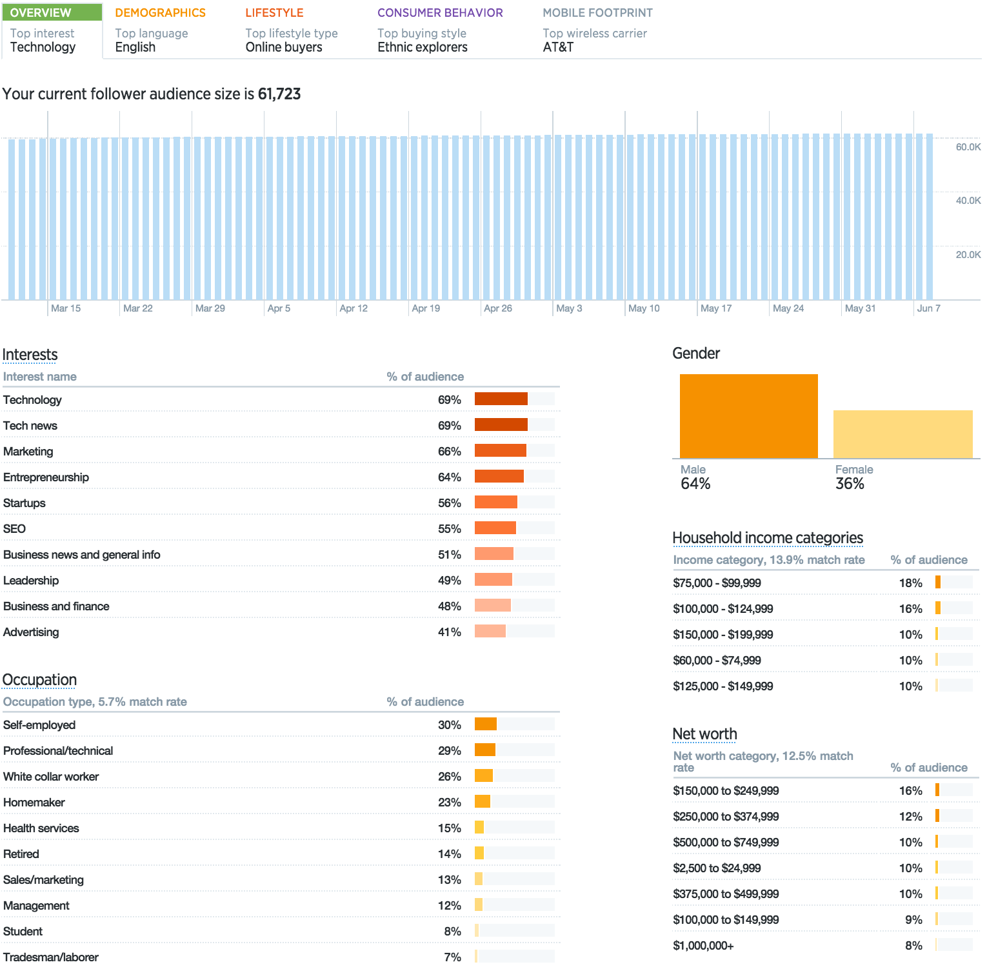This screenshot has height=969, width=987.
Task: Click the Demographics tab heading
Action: pyautogui.click(x=160, y=13)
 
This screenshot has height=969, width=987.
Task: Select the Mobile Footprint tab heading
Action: pyautogui.click(x=597, y=13)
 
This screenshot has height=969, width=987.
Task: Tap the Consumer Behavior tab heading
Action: pyautogui.click(x=440, y=13)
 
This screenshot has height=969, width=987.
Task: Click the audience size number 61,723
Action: pyautogui.click(x=279, y=94)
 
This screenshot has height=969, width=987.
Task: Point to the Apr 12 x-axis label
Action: pyautogui.click(x=354, y=308)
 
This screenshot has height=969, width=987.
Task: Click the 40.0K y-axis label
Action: pyautogui.click(x=968, y=201)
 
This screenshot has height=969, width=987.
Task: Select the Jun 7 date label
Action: pyautogui.click(x=928, y=308)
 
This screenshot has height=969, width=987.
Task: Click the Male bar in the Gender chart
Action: pyautogui.click(x=748, y=416)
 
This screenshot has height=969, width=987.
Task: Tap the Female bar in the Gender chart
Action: pyautogui.click(x=902, y=434)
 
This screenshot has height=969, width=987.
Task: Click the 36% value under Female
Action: pyautogui.click(x=850, y=484)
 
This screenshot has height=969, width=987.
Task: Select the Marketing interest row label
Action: pyautogui.click(x=28, y=452)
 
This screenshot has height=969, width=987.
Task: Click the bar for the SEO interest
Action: pyautogui.click(x=495, y=528)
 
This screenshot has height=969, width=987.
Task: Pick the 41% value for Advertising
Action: pyautogui.click(x=449, y=632)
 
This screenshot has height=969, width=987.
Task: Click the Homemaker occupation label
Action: pyautogui.click(x=34, y=803)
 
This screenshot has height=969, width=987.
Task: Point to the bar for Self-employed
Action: pyautogui.click(x=486, y=724)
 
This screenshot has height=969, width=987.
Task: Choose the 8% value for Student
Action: pyautogui.click(x=452, y=932)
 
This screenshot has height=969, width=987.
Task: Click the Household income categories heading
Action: pyautogui.click(x=767, y=538)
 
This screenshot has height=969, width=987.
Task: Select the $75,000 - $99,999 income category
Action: pyautogui.click(x=717, y=583)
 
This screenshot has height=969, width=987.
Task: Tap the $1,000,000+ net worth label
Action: pyautogui.click(x=703, y=946)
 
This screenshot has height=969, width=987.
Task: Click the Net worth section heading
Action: pyautogui.click(x=704, y=734)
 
